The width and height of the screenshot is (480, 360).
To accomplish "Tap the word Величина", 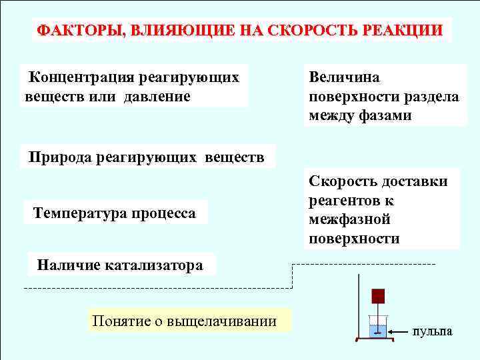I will pyautogui.click(x=343, y=77).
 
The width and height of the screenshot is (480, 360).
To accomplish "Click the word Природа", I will pyautogui.click(x=61, y=158).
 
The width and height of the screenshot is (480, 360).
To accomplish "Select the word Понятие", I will pyautogui.click(x=120, y=321).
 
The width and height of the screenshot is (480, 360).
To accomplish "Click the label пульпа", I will pyautogui.click(x=432, y=331).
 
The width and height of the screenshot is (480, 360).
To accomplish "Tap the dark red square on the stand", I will pyautogui.click(x=379, y=296).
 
